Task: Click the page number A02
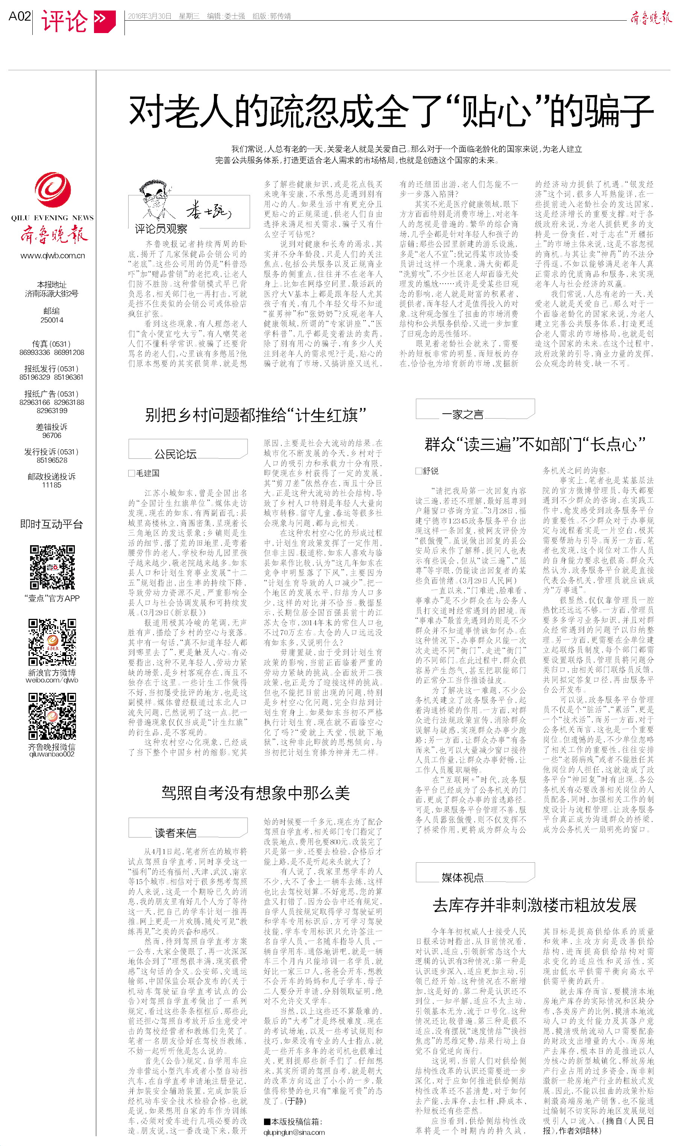(20, 17)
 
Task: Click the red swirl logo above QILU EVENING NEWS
(53, 190)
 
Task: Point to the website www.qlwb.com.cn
(53, 256)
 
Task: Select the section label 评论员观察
(161, 229)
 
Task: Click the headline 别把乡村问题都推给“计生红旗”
(255, 415)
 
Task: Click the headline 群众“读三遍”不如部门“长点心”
(535, 444)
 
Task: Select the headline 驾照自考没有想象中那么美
(255, 793)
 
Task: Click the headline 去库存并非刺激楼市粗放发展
(535, 905)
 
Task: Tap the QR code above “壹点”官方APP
(52, 567)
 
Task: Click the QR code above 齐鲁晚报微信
(52, 716)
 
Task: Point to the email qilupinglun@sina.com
(294, 1132)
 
